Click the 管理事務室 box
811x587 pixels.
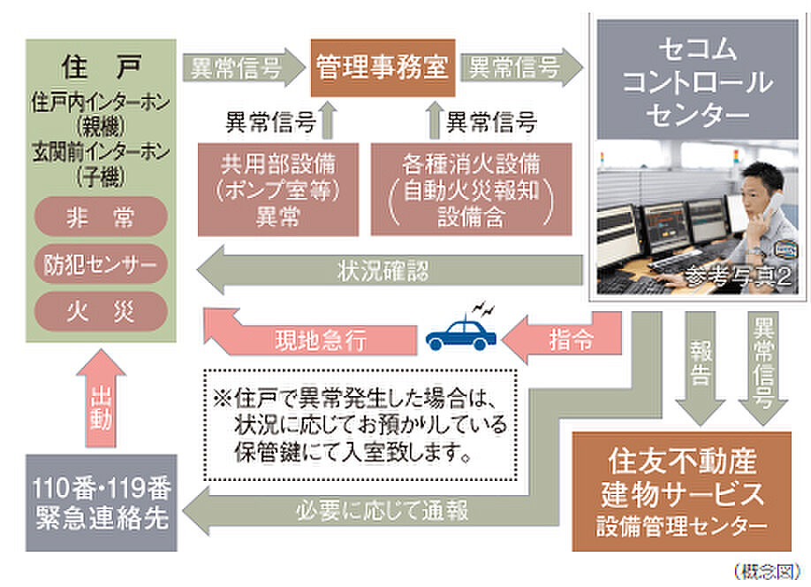[383, 68]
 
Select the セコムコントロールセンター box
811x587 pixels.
[698, 80]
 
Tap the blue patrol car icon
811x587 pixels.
[461, 332]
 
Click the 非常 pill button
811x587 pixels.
[101, 217]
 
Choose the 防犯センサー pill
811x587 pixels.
[101, 264]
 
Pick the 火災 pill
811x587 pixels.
[101, 311]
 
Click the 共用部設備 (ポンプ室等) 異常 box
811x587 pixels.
[278, 189]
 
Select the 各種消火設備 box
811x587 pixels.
[471, 189]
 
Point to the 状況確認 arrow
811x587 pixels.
[390, 271]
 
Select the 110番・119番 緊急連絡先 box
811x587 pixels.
[102, 503]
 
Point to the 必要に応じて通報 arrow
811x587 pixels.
[383, 510]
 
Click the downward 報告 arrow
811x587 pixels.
[701, 369]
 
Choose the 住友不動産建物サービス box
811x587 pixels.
[682, 492]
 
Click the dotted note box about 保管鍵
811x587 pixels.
[360, 425]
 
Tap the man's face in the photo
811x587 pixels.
[761, 193]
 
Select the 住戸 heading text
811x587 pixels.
[101, 67]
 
